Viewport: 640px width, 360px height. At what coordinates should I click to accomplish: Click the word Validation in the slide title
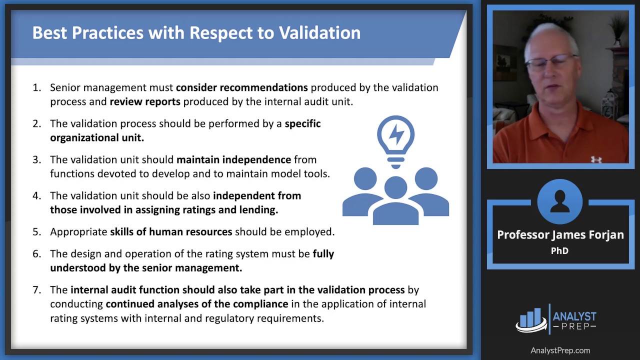point(319,32)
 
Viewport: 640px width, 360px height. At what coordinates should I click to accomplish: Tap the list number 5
point(37,231)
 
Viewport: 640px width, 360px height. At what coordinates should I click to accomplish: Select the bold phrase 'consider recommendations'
point(241,87)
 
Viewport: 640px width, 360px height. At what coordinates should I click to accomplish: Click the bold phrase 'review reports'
point(145,101)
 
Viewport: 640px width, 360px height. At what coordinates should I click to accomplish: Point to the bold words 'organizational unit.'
point(97,137)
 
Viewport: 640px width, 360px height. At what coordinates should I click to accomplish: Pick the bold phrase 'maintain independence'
point(233,159)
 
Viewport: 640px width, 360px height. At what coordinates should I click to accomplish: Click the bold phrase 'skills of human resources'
point(171,231)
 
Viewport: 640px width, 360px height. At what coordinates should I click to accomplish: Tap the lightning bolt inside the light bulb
point(396,134)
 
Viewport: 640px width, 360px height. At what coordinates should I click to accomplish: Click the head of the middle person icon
point(395,187)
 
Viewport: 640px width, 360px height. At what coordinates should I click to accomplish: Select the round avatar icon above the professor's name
point(559,201)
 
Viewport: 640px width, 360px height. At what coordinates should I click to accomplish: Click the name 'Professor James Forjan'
point(560,235)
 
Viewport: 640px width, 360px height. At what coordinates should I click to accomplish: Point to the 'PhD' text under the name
point(559,251)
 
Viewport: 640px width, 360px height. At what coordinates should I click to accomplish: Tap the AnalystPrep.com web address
point(560,350)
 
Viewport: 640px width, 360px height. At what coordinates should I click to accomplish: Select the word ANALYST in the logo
point(574,316)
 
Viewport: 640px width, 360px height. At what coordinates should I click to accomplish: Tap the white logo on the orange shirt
point(596,159)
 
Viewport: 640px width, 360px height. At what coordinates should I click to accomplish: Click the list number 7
point(37,289)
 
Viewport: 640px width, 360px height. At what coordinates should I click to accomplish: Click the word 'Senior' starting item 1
point(65,87)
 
